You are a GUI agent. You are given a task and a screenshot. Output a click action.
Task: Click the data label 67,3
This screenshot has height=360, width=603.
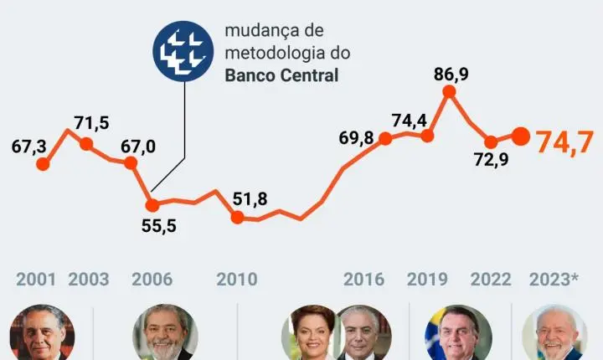click(29, 147)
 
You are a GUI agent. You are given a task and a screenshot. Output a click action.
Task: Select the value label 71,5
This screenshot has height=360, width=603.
click(91, 123)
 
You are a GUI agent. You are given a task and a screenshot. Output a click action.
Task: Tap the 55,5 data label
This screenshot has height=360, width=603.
click(157, 225)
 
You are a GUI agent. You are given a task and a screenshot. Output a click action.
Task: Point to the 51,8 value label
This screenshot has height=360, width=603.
click(250, 198)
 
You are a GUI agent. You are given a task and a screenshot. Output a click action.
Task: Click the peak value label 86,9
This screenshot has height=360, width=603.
click(451, 74)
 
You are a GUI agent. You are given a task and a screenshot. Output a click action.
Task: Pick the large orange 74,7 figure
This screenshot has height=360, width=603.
click(567, 142)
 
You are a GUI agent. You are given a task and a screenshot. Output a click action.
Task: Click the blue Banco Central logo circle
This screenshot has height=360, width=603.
click(183, 51)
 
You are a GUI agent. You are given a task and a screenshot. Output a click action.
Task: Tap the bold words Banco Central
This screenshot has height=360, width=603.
click(281, 76)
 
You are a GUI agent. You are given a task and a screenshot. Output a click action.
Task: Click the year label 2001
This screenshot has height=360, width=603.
click(35, 279)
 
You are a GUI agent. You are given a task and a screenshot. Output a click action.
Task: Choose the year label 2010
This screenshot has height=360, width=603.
click(237, 279)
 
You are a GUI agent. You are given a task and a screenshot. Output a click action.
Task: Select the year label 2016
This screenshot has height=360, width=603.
click(363, 279)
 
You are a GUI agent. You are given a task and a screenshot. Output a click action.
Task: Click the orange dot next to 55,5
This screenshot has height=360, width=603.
click(152, 204)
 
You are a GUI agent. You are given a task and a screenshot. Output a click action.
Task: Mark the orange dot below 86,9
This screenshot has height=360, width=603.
click(449, 91)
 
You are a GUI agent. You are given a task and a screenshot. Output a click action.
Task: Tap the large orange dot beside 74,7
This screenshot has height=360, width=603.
click(520, 136)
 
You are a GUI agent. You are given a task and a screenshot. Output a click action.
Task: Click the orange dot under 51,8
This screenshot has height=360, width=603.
click(238, 218)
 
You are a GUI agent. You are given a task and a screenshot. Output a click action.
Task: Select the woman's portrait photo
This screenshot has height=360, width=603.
click(312, 333)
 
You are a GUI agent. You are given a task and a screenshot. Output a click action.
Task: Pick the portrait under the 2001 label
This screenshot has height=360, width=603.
click(41, 333)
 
